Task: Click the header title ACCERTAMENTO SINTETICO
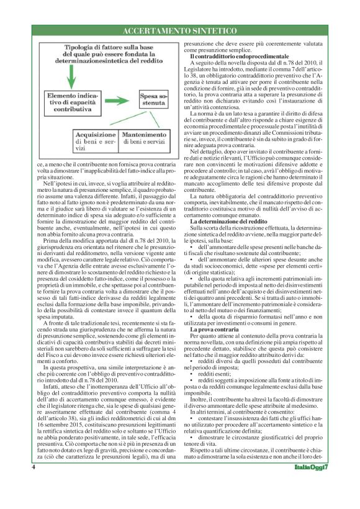tap(179, 30)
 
